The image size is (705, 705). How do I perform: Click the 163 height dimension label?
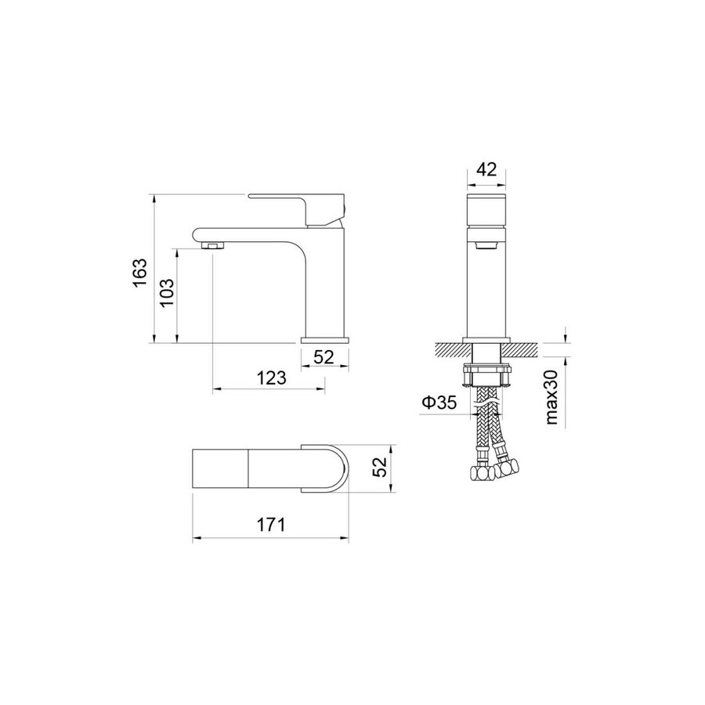[140, 273]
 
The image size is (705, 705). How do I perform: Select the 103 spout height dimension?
[167, 293]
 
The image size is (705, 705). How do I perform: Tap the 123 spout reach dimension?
[271, 378]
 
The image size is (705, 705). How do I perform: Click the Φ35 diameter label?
[439, 402]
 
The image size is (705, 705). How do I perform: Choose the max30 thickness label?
[551, 397]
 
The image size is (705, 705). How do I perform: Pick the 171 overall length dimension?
[270, 524]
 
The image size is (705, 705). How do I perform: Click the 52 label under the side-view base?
[324, 357]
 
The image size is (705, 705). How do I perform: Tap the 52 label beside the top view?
[380, 467]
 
